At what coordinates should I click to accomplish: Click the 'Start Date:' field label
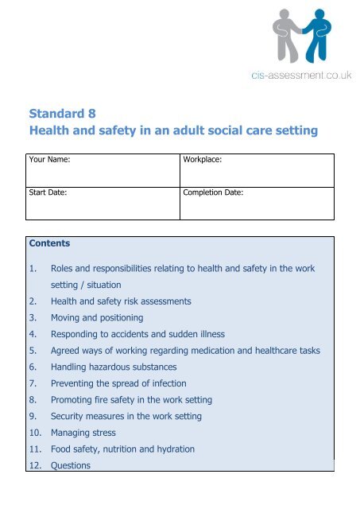coord(46,192)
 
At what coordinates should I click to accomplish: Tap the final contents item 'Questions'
coord(72,465)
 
